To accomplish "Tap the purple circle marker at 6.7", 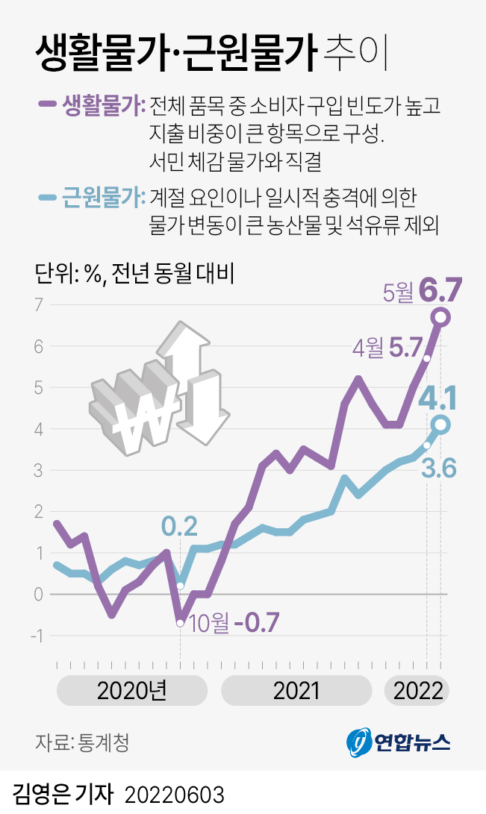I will tap(440, 318).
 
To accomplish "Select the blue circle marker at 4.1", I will tap(440, 425).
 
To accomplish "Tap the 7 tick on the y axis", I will tap(38, 305).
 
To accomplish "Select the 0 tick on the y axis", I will tap(38, 594).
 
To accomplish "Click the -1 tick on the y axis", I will tap(36, 636).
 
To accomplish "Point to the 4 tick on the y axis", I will tap(38, 429).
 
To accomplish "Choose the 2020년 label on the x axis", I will tap(131, 691).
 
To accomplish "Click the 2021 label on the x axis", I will tap(296, 691).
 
